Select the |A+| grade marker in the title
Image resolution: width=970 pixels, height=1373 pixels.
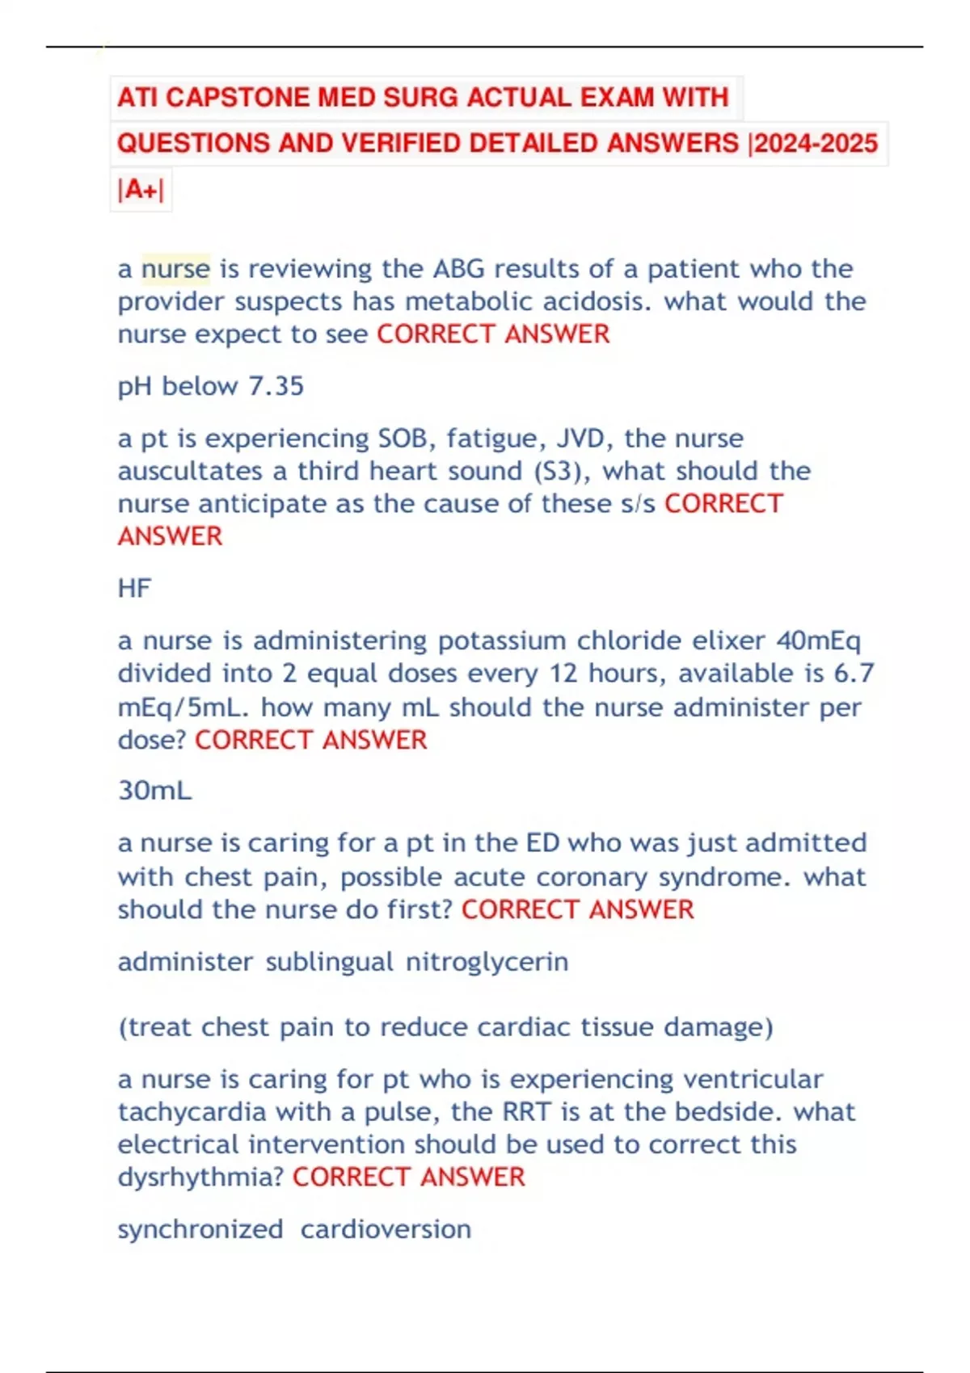point(141,190)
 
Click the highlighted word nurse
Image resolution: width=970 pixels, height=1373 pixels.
point(175,269)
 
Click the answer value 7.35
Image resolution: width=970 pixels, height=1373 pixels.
point(276,386)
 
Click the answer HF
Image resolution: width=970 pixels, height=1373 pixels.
point(134,588)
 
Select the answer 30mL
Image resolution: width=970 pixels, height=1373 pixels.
point(154,790)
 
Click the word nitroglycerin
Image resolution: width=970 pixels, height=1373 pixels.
point(487,962)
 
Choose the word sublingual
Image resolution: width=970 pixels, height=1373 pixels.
point(330,962)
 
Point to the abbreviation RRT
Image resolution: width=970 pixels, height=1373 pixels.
point(526,1112)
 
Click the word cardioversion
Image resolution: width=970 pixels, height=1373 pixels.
point(386,1229)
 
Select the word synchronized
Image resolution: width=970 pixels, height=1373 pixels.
point(200,1229)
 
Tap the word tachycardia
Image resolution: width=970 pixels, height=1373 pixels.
point(192,1112)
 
